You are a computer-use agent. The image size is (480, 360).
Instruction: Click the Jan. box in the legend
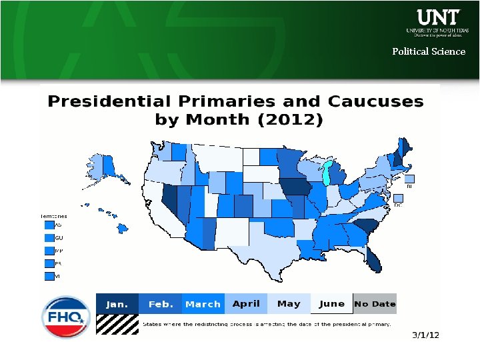117,304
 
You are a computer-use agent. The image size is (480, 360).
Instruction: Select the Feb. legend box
161,304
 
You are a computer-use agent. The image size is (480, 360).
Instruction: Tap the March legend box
203,304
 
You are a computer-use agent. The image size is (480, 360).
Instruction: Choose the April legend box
246,304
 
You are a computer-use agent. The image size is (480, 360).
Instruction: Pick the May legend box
289,304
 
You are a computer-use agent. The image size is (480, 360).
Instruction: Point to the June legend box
331,304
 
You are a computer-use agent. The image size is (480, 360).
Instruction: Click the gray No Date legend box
375,304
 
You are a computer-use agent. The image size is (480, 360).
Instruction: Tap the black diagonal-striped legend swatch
117,323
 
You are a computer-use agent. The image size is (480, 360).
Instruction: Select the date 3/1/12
425,335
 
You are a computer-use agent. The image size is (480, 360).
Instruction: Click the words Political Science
429,51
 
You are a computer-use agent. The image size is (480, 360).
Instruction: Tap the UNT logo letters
438,17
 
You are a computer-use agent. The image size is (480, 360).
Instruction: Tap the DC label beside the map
397,205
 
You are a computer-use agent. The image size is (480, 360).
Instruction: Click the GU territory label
59,237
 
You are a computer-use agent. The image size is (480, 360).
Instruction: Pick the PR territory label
59,264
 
